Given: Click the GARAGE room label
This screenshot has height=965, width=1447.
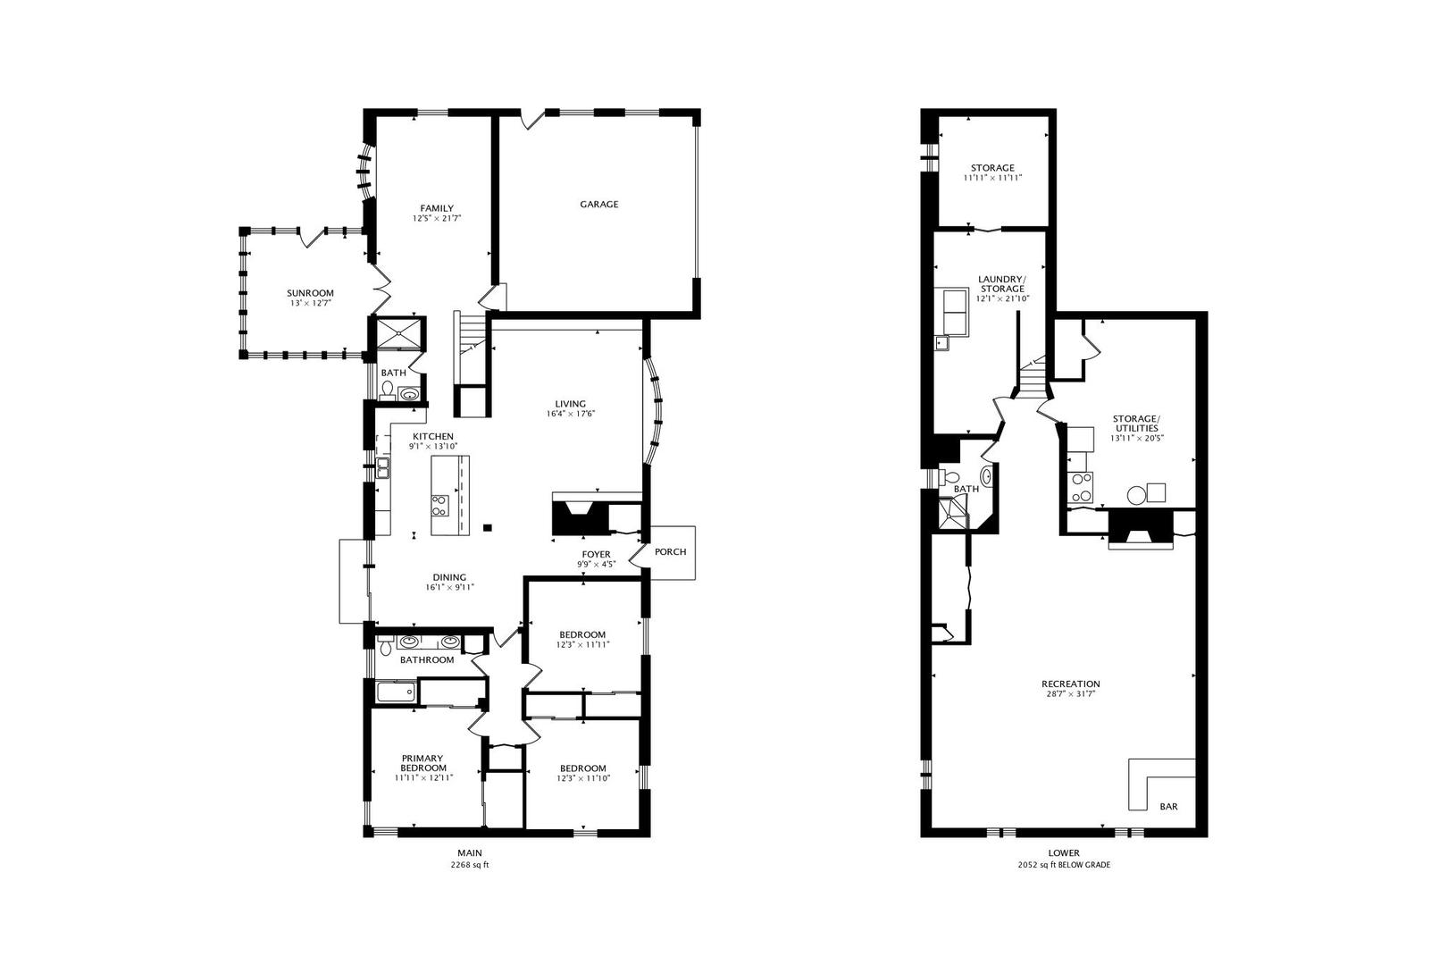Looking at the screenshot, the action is click(x=598, y=205).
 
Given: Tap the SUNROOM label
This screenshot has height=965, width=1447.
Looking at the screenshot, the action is click(x=310, y=293).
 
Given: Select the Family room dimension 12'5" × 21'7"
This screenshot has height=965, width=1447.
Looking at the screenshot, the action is click(x=438, y=219).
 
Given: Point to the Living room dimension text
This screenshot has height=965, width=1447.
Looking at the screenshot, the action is click(x=570, y=414).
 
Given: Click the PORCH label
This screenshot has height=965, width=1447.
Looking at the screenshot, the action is click(x=670, y=552).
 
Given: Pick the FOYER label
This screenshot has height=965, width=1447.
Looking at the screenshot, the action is click(x=596, y=555).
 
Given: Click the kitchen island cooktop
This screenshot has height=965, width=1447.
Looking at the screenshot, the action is click(x=440, y=505).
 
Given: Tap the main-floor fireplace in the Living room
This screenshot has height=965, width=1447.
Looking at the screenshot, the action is click(x=581, y=517).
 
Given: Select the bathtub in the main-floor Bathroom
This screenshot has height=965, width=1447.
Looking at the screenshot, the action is click(x=396, y=692).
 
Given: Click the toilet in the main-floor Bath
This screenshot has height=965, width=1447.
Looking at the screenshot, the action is click(x=388, y=390).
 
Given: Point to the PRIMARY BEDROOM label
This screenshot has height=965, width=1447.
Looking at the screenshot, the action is click(x=423, y=763).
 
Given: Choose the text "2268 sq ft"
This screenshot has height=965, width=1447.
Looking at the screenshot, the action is click(x=470, y=865).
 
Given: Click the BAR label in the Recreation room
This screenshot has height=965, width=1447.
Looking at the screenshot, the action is click(x=1168, y=807).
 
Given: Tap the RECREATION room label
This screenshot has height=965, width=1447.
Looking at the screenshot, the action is click(x=1070, y=684).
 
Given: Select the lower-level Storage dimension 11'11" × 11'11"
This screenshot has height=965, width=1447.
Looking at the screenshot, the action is click(x=993, y=178).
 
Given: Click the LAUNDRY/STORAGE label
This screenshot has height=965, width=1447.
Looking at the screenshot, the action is click(x=1002, y=284).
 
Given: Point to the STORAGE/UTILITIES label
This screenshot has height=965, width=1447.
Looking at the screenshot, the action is click(x=1136, y=424).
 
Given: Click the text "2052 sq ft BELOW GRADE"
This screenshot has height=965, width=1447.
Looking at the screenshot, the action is click(x=1064, y=865).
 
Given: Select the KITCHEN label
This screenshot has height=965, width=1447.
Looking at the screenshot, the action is click(x=433, y=436).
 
